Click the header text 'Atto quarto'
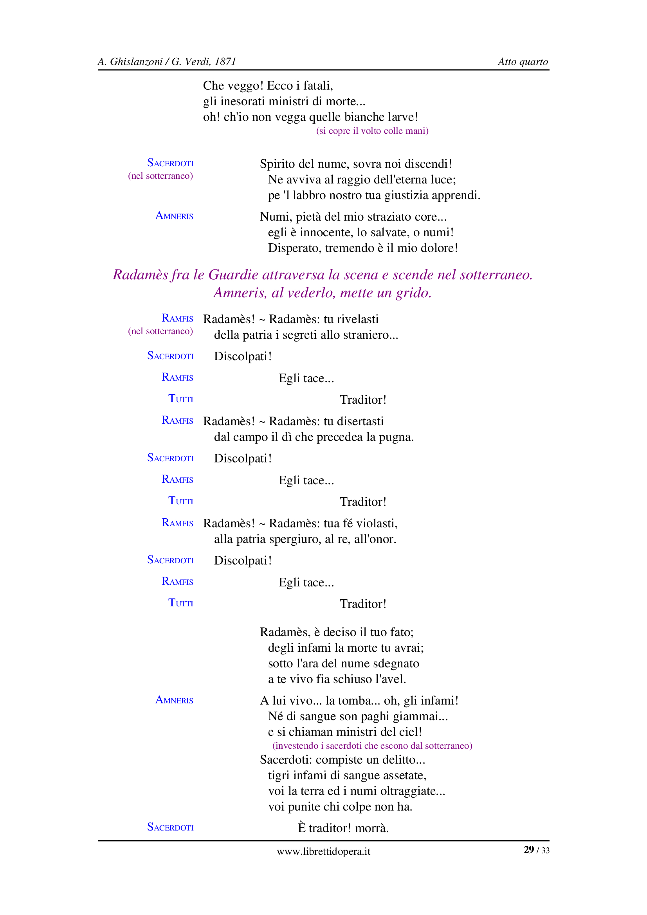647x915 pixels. pos(523,62)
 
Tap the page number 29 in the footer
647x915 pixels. pos(529,850)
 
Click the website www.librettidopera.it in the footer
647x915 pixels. pos(323,851)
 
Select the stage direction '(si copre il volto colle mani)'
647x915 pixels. pos(372,131)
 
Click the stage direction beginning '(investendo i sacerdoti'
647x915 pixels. pos(372,746)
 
